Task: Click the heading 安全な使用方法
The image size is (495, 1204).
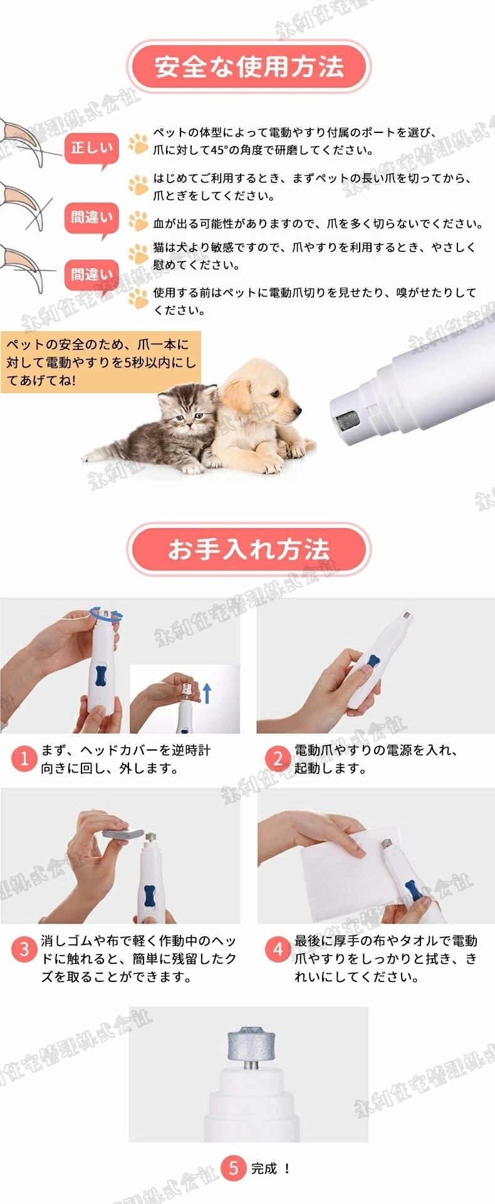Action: pyautogui.click(x=249, y=66)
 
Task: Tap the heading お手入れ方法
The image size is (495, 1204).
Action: pyautogui.click(x=249, y=550)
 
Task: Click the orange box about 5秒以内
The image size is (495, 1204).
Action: pyautogui.click(x=100, y=362)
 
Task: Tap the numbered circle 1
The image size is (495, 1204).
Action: pyautogui.click(x=24, y=759)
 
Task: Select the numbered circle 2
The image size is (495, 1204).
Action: pyautogui.click(x=278, y=759)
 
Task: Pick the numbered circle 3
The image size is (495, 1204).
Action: pyautogui.click(x=24, y=949)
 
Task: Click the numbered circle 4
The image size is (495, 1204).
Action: pyautogui.click(x=278, y=949)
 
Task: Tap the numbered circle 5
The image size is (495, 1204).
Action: pyautogui.click(x=234, y=1168)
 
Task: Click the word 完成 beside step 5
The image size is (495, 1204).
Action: pyautogui.click(x=264, y=1168)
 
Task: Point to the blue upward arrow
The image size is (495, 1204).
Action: pyautogui.click(x=208, y=693)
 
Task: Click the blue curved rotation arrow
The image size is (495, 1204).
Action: pyautogui.click(x=104, y=613)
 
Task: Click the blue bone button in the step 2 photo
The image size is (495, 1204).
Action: pyautogui.click(x=374, y=662)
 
